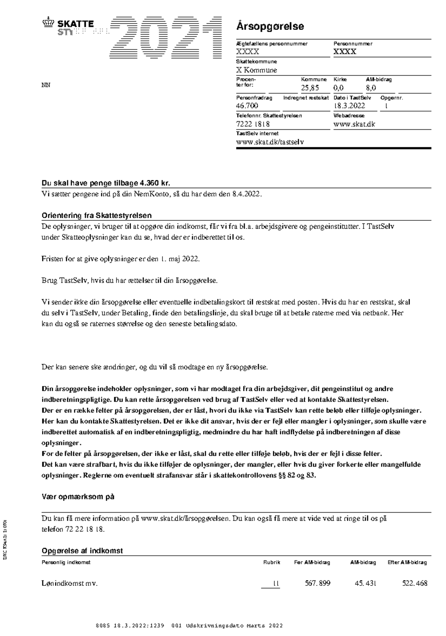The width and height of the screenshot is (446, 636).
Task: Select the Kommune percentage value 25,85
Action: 310,88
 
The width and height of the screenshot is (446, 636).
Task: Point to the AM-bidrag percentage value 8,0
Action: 371,88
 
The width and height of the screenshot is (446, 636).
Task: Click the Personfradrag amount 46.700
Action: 247,106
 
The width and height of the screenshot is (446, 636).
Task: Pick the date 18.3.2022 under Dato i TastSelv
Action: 349,106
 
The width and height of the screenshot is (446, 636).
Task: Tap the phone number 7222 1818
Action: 253,124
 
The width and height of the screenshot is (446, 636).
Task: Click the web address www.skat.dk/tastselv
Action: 270,142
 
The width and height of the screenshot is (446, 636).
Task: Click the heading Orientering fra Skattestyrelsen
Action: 96,216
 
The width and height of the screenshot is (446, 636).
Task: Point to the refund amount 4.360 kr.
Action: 154,183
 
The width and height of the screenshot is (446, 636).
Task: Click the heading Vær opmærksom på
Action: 78,497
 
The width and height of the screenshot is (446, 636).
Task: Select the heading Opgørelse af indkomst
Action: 82,551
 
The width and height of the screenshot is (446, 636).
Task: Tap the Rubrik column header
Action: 271,562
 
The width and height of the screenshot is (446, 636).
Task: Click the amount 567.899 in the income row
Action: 317,584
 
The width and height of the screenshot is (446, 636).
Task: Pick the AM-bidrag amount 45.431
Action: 365,584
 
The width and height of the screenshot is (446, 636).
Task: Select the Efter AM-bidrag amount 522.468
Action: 414,584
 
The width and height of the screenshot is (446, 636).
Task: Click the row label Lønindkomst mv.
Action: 70,584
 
